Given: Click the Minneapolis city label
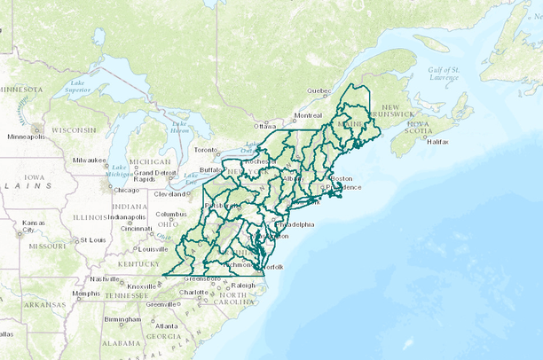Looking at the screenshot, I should tap(27, 137).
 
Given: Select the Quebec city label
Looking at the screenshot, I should tap(319, 90).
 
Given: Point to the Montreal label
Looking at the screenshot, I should tap(309, 115).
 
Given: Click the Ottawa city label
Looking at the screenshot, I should tap(265, 126).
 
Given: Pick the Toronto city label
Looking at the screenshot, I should tap(206, 150).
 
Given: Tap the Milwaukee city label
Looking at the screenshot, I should tap(90, 160).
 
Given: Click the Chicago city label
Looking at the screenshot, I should tap(125, 190).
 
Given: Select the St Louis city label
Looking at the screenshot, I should tap(92, 239).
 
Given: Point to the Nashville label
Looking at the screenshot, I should tap(105, 278).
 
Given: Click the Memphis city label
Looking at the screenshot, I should tap(86, 293).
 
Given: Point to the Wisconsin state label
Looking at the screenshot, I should tap(73, 129).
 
